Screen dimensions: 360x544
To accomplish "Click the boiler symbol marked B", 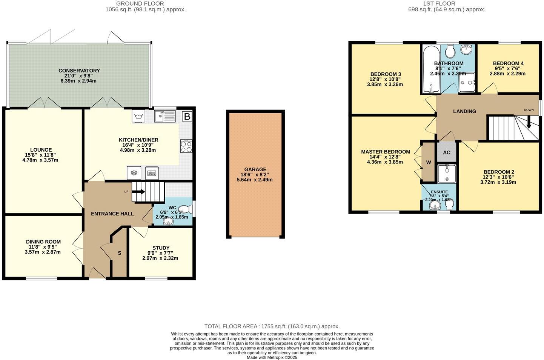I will pyautogui.click(x=187, y=117).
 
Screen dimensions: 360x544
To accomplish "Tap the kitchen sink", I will pyautogui.click(x=165, y=117).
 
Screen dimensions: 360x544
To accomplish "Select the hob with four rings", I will pyautogui.click(x=186, y=146).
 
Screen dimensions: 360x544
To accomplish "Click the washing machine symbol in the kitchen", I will pyautogui.click(x=138, y=116).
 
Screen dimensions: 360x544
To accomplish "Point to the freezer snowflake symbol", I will pyautogui.click(x=134, y=173).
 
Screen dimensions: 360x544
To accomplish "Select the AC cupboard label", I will pyautogui.click(x=447, y=152).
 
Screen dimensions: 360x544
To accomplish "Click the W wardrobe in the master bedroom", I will pyautogui.click(x=429, y=162).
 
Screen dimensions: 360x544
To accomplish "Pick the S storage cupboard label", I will pyautogui.click(x=119, y=253).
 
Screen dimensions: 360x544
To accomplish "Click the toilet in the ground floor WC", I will pyautogui.click(x=184, y=209).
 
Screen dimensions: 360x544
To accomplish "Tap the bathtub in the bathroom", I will pyautogui.click(x=430, y=69).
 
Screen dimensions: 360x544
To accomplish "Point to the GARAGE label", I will pyautogui.click(x=255, y=169).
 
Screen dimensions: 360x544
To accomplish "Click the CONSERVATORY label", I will pyautogui.click(x=79, y=71).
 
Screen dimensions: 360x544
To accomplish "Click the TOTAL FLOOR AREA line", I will pyautogui.click(x=272, y=326).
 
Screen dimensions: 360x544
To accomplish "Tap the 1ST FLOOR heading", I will pyautogui.click(x=447, y=3).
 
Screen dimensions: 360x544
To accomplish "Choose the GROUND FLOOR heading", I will pyautogui.click(x=140, y=3).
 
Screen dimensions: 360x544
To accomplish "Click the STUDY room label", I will pyautogui.click(x=161, y=248).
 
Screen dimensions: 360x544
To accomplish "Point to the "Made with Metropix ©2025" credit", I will pyautogui.click(x=272, y=357).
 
